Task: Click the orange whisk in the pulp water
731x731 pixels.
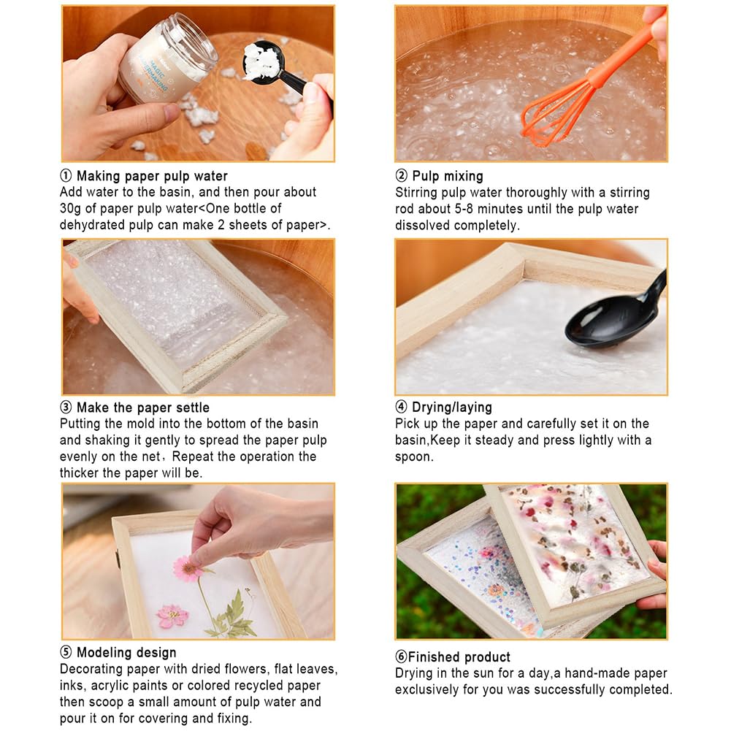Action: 555,110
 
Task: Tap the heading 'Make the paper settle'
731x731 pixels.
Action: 142,407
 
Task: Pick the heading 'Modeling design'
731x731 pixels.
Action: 126,653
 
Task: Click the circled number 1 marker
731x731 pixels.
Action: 66,176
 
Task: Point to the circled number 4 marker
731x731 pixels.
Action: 401,407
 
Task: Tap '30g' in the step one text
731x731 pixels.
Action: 72,209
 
